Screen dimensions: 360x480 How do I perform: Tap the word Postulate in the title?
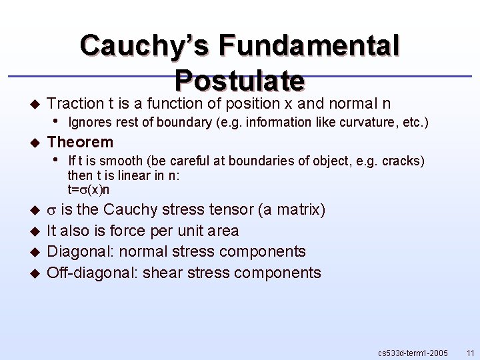240,80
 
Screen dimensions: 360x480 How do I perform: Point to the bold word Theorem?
80,142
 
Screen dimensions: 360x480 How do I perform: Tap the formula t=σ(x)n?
89,189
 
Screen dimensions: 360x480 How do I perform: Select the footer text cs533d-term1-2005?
413,351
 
